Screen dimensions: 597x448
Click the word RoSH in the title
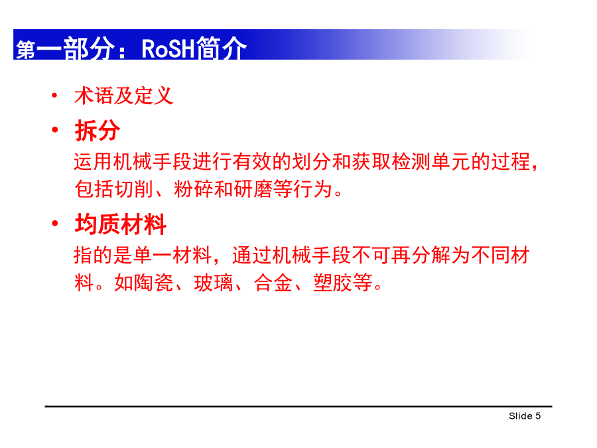coord(168,48)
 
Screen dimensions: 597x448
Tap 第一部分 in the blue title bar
coord(65,48)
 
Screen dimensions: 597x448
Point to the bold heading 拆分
coord(97,130)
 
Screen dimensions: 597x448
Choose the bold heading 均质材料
coord(120,224)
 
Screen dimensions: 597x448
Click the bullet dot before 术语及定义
coord(55,95)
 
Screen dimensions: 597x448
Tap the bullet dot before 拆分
coord(55,130)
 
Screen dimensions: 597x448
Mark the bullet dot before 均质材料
coord(55,223)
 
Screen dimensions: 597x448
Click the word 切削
coord(133,189)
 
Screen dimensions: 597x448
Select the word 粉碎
coord(194,189)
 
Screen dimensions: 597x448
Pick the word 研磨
coord(253,189)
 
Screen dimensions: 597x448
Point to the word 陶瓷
coord(154,283)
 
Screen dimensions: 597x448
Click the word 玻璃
coord(213,283)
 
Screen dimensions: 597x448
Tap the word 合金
coord(273,283)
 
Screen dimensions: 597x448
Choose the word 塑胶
coord(333,283)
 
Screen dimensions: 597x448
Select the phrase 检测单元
coord(431,161)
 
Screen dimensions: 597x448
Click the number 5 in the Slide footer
coord(538,416)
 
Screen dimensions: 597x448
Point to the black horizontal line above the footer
coord(298,406)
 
